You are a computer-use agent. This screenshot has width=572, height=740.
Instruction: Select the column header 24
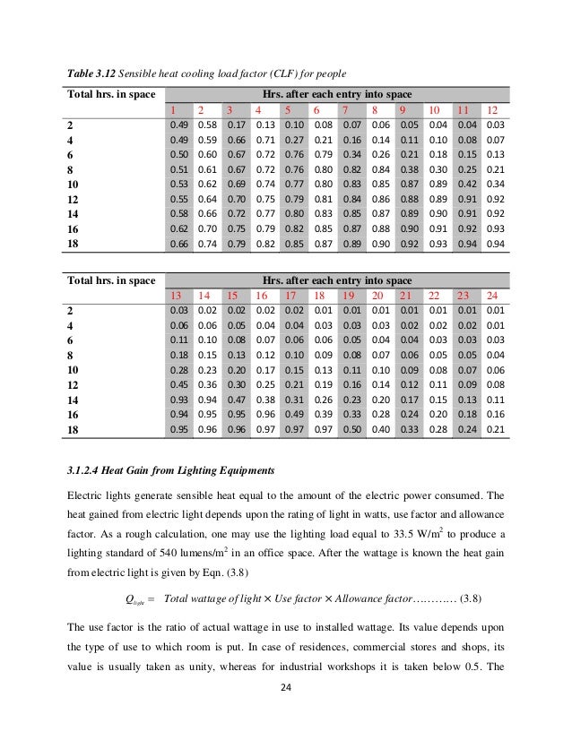pos(491,295)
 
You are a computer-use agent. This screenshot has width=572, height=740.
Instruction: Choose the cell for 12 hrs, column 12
pos(491,200)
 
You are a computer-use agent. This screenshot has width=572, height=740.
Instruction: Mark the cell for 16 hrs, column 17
pos(292,416)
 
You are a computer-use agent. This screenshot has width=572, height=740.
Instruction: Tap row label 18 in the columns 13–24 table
pos(74,431)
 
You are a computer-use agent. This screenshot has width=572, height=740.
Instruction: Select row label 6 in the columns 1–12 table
pos(71,154)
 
